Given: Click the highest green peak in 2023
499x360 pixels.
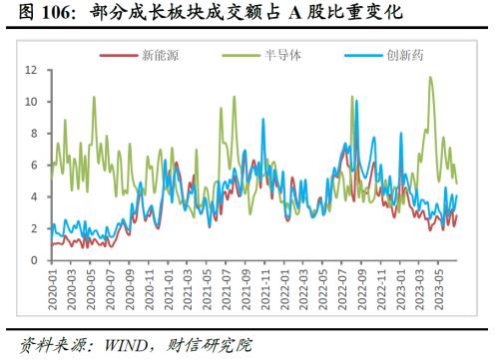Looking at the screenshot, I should click(x=431, y=77).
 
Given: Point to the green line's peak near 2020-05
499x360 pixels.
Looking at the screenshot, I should click(x=94, y=98).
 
